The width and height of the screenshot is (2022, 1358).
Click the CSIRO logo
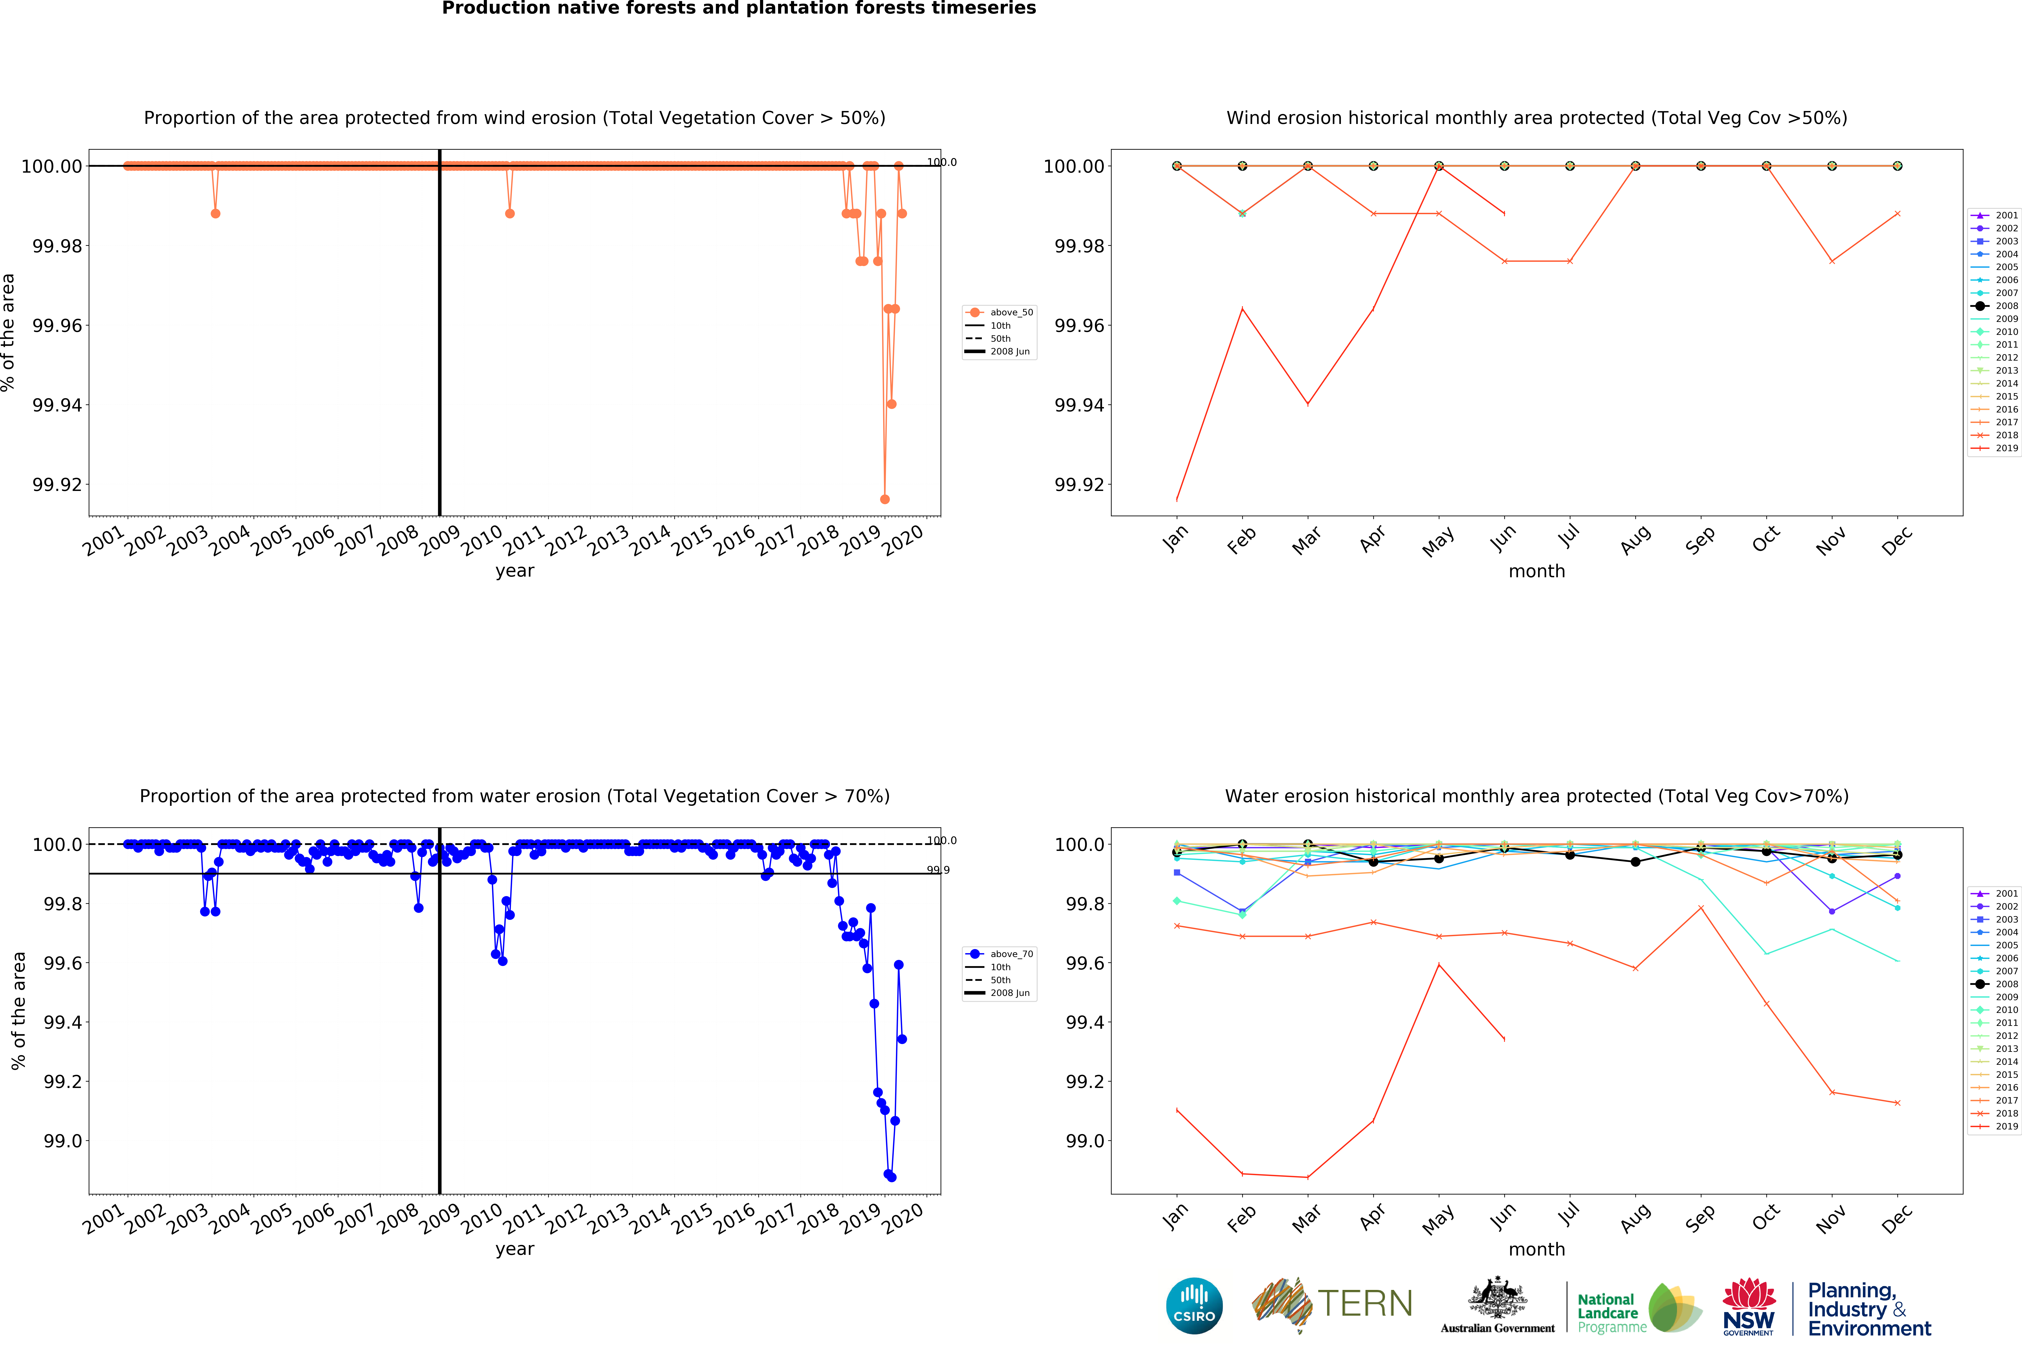pos(1194,1305)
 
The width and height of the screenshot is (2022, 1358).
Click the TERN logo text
pos(1365,1303)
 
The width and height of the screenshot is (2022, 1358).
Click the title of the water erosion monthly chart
pos(1536,796)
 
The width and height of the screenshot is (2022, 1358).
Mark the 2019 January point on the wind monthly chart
pos(1176,500)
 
